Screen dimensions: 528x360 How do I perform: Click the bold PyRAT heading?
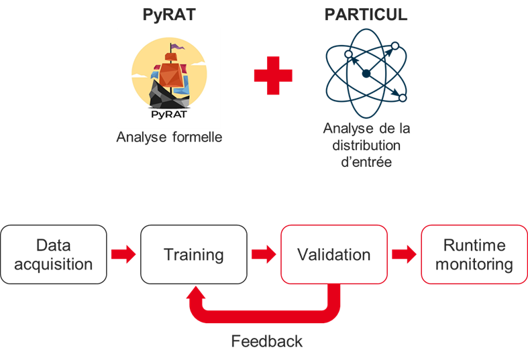point(169,15)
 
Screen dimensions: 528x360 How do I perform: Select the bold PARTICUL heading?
point(366,15)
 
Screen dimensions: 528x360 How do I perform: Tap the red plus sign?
point(273,75)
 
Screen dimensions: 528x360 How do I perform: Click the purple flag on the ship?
point(177,46)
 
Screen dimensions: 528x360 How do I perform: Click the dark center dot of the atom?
point(366,74)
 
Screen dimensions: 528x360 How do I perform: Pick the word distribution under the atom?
point(366,145)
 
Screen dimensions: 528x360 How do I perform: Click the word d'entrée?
point(366,162)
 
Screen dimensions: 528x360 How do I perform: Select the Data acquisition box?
point(54,254)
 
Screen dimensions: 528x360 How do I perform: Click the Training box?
point(194,254)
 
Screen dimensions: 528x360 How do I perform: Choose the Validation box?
point(334,254)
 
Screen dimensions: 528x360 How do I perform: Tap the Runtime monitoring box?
point(474,254)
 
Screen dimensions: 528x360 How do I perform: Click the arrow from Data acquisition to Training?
point(123,254)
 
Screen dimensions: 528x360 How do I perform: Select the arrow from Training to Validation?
point(264,254)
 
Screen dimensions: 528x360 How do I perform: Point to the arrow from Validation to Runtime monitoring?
point(404,254)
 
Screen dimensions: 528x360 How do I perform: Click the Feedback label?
point(267,341)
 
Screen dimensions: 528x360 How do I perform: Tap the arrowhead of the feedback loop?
point(196,292)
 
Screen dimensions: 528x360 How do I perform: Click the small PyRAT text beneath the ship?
point(169,115)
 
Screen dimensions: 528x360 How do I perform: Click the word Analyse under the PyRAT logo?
point(142,137)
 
